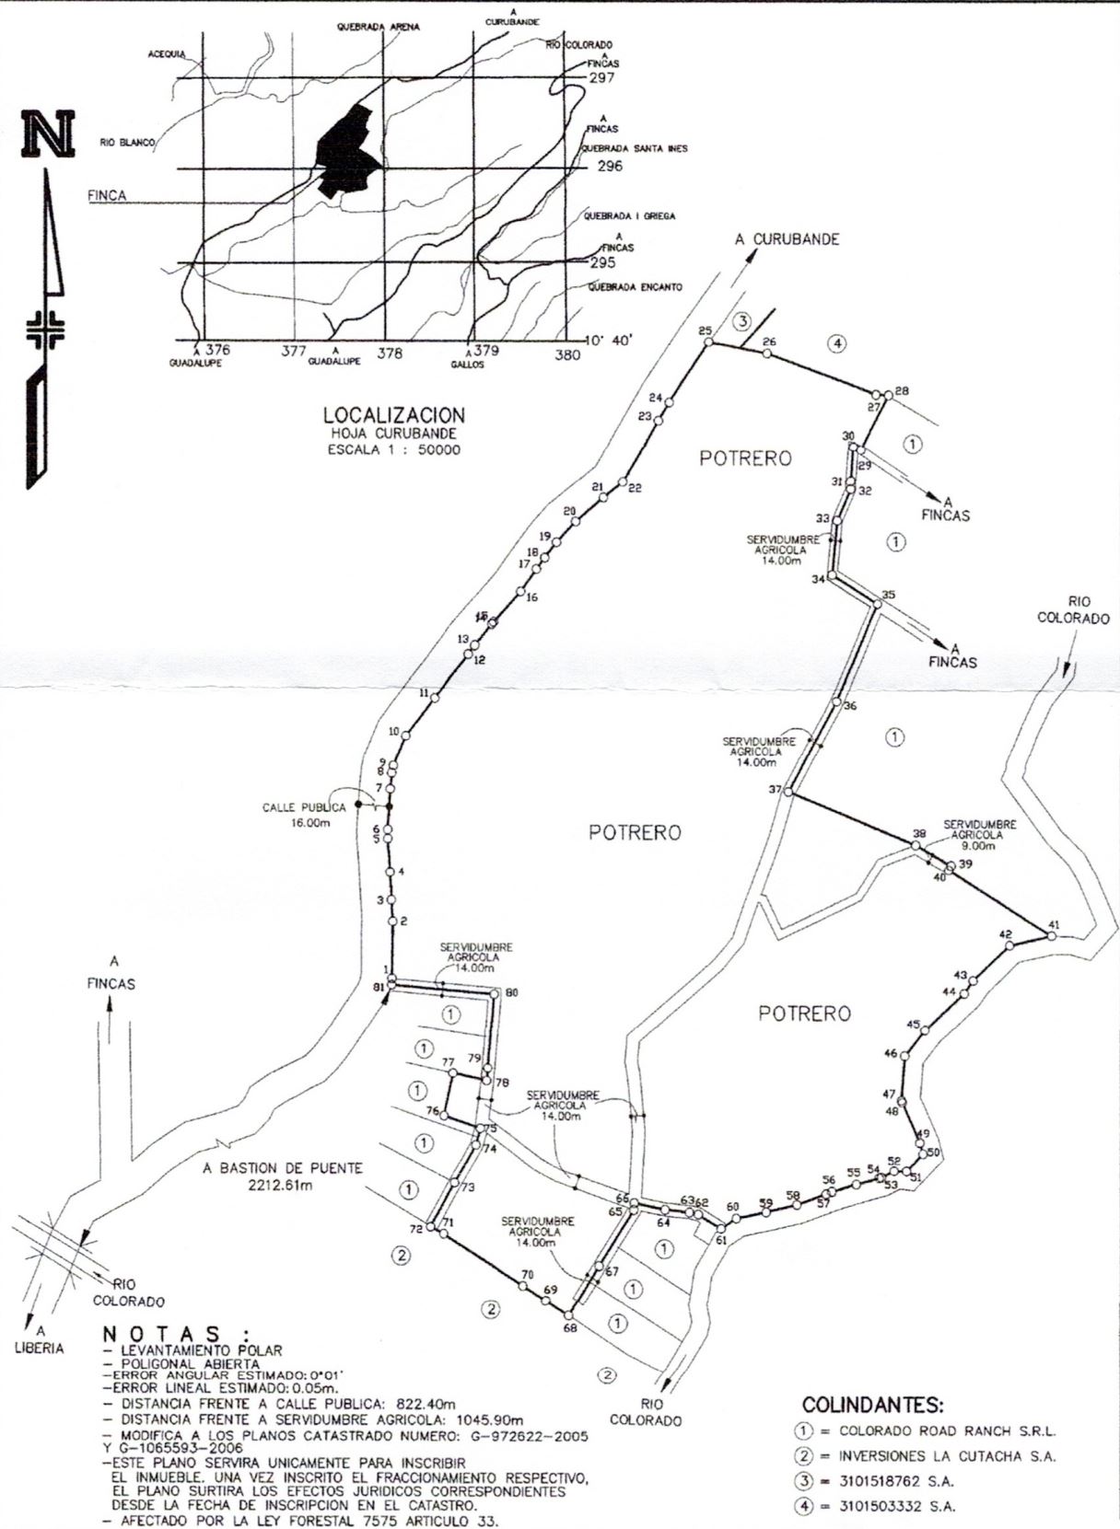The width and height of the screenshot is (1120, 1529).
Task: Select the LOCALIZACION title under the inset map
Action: [x=393, y=416]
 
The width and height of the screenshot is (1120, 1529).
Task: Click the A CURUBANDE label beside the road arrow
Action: [x=787, y=239]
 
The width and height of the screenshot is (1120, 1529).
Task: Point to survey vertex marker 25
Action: [x=709, y=342]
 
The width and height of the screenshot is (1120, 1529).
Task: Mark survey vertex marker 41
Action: [x=1052, y=936]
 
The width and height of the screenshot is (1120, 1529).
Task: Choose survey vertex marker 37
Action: [x=787, y=792]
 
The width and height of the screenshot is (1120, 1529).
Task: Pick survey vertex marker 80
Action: [x=495, y=994]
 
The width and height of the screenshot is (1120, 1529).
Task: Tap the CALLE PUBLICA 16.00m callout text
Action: [x=304, y=815]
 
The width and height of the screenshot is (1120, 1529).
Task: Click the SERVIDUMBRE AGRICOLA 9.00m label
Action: [x=978, y=834]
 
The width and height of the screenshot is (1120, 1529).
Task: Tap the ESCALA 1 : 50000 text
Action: [x=393, y=450]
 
